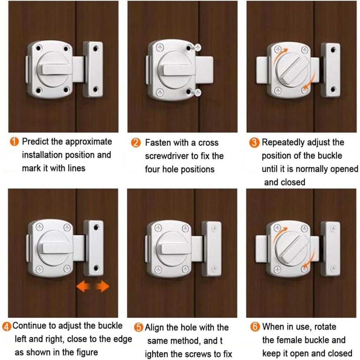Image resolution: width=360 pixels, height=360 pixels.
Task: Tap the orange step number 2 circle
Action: [136, 143]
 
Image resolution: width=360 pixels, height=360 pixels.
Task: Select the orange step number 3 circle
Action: [254, 143]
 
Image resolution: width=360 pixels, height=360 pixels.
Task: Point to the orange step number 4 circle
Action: [7, 327]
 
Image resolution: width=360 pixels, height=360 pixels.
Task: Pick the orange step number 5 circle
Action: [139, 327]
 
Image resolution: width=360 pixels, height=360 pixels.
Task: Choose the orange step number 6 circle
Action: [255, 327]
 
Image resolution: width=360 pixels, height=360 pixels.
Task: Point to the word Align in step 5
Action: [154, 328]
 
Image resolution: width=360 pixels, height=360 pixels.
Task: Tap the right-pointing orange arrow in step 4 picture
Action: [102, 287]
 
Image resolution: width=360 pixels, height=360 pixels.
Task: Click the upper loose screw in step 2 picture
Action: [196, 48]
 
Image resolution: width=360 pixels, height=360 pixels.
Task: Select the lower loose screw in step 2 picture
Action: [196, 92]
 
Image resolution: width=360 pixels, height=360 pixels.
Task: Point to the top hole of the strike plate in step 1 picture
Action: [95, 49]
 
